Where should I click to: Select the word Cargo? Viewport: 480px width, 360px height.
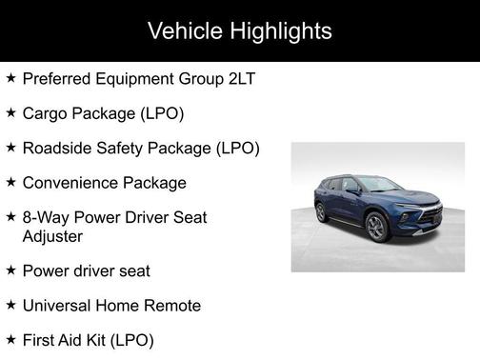click(45, 113)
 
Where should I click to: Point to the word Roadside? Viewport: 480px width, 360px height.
click(56, 148)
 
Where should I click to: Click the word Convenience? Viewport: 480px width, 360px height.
click(71, 182)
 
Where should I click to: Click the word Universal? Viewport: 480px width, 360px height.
click(57, 305)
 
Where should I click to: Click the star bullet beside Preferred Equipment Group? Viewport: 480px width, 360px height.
click(10, 78)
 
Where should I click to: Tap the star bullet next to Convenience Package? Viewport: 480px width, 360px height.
click(10, 181)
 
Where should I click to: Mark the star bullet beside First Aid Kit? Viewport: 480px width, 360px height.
click(10, 338)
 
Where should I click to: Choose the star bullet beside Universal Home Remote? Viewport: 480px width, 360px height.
click(10, 304)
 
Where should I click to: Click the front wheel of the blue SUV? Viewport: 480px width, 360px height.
click(377, 227)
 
